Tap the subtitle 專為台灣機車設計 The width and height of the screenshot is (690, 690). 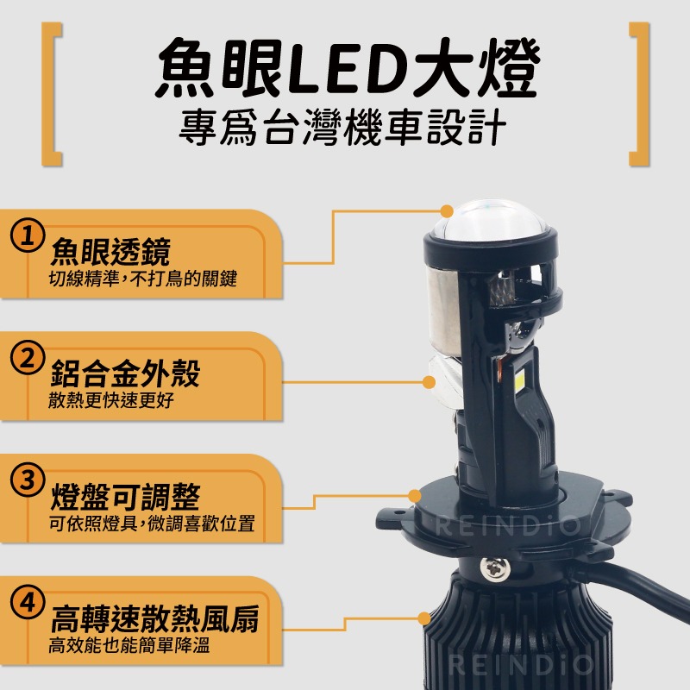coord(345,132)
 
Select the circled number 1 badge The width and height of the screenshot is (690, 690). coord(28,235)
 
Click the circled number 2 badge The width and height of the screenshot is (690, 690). coord(28,357)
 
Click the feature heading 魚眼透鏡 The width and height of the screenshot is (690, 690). coord(110,252)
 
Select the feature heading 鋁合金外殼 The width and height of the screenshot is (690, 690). coord(125,374)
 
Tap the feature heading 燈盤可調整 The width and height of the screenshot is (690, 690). coord(125,497)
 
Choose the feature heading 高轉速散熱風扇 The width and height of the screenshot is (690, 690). coord(154,619)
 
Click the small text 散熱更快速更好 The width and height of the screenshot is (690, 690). coord(117,401)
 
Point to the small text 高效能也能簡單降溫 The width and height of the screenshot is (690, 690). coord(129,645)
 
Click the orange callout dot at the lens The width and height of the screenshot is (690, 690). coord(447,210)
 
